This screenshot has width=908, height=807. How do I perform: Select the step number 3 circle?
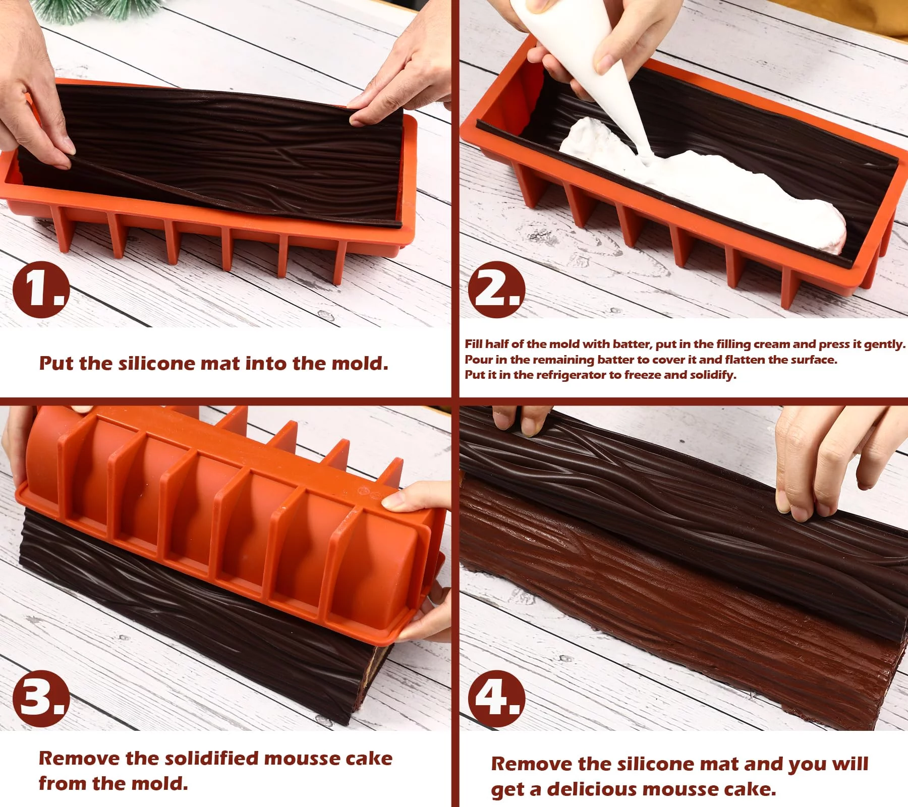tap(41, 699)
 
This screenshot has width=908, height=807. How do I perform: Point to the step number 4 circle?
tap(497, 699)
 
